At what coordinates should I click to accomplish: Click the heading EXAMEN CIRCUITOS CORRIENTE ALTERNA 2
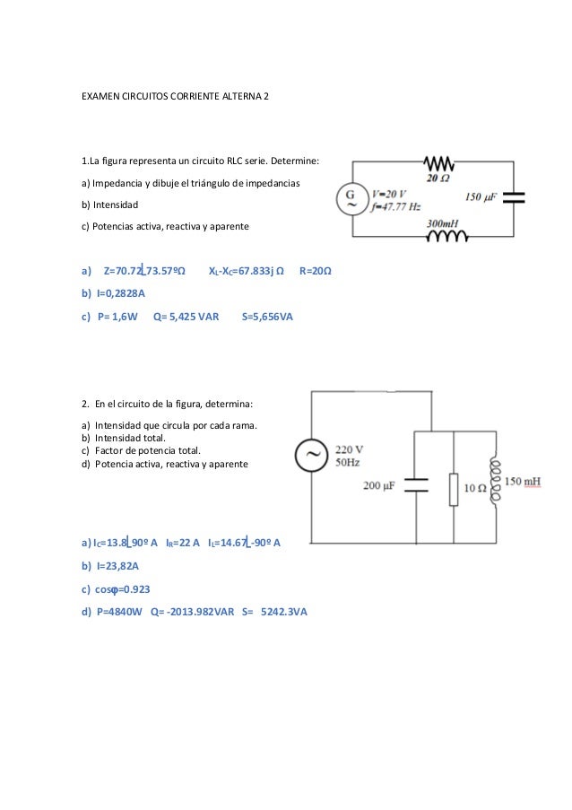point(174,94)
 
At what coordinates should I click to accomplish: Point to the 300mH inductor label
point(444,223)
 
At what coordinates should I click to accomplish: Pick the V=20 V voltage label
point(388,193)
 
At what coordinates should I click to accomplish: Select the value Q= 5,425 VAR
point(186,317)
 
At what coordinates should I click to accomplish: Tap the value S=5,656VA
point(268,317)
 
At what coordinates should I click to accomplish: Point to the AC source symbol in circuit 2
point(313,457)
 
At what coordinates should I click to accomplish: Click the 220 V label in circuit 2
point(349,449)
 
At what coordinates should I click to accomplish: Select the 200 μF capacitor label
point(379,485)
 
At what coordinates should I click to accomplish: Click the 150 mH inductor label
point(523,482)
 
